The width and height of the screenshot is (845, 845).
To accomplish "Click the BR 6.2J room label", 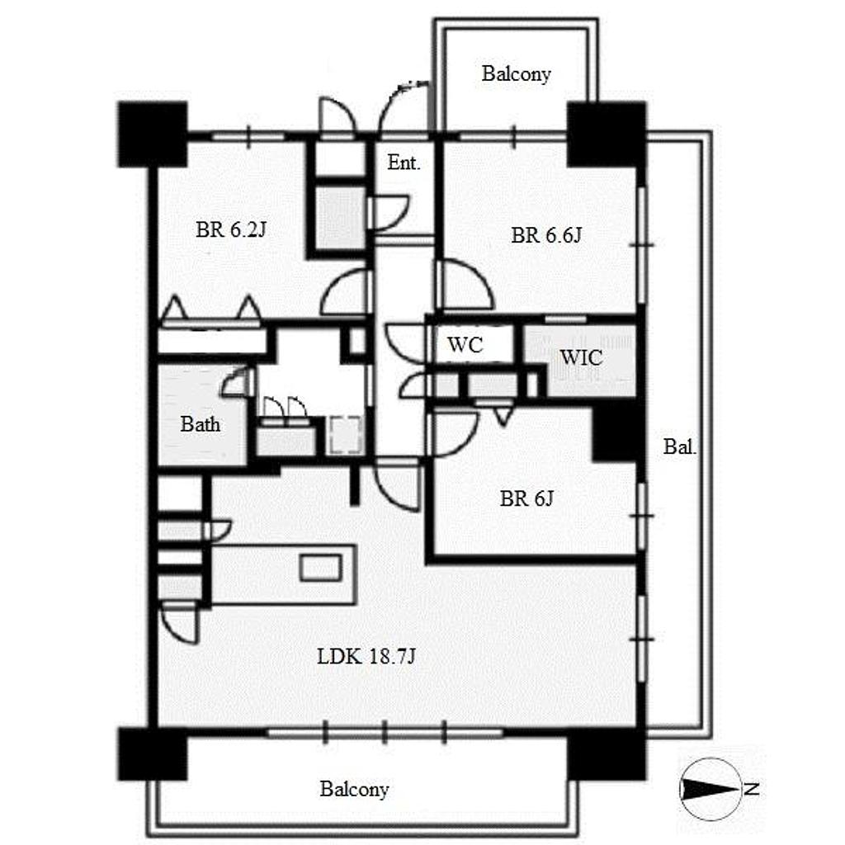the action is pos(231,230).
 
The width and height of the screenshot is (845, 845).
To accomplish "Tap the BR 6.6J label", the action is pos(546,235).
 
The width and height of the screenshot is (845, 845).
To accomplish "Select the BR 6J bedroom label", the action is pos(526,498).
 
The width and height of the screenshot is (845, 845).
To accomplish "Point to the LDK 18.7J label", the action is pos(366,656).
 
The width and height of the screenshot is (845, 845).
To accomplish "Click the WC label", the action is pos(465,345).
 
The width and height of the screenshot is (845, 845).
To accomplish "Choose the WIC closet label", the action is pos(581,358).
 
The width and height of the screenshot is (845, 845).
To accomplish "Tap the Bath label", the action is pos(200,424).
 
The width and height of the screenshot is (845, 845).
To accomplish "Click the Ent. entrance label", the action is pos(404,163).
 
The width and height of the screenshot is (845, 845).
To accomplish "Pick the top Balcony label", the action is pos(517,73).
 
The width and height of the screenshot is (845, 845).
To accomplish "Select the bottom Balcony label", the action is pos(354,790).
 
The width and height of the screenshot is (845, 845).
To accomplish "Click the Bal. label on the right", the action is pos(680,446).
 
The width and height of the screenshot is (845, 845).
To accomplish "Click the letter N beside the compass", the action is pos(752,790).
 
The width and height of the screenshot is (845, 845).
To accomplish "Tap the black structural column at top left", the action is pos(153,135).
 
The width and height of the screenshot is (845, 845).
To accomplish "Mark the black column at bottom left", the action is pos(153,754).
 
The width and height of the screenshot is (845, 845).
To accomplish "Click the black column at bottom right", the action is pos(607,754).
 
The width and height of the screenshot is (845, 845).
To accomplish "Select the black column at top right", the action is pos(607,135).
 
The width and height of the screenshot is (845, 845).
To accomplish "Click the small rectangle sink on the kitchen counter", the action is pos(321,568).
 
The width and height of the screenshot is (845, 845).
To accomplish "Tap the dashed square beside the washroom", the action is pos(345,435).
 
